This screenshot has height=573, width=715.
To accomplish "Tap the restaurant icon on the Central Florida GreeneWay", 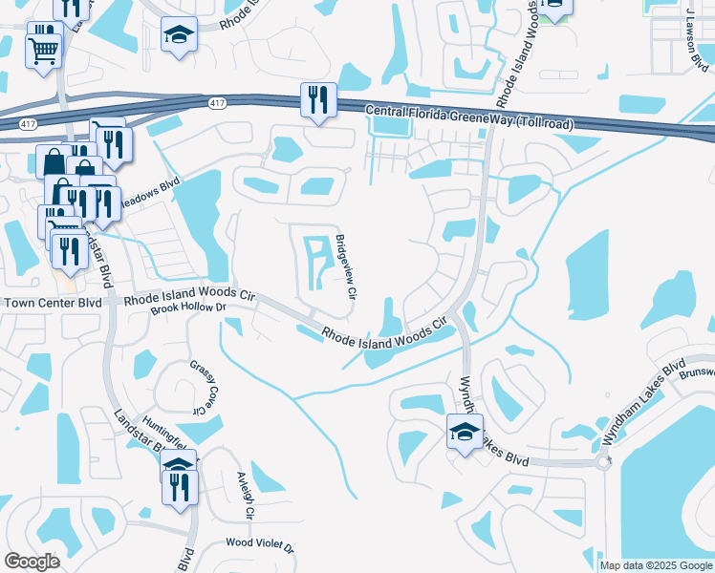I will tap(316, 99).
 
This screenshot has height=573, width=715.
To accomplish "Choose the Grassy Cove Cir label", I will tap(204, 387).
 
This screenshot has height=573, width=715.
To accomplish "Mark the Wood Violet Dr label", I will tap(260, 543).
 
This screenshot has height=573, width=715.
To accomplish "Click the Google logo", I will tap(32, 562).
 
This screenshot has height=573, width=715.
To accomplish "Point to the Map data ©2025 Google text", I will tap(655, 565).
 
